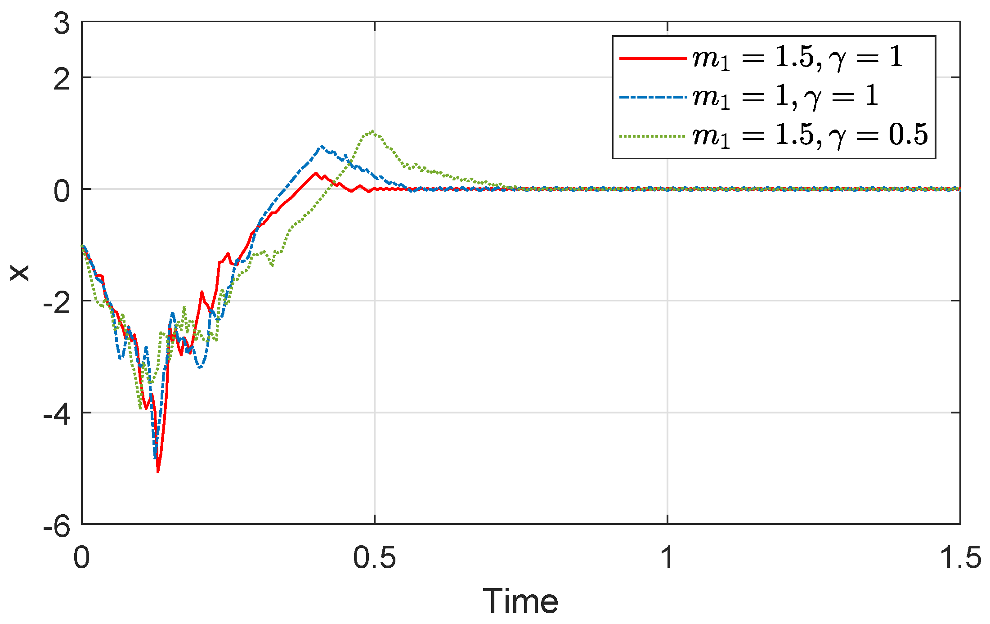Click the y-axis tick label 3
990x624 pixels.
tap(62, 23)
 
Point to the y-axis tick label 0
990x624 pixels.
tap(62, 191)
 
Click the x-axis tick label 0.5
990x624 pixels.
tap(374, 558)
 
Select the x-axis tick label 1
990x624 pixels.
tap(667, 558)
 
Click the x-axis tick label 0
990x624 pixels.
tap(82, 558)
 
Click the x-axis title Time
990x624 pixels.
tap(520, 601)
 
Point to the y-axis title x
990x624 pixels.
tap(20, 273)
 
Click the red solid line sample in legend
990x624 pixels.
tap(653, 58)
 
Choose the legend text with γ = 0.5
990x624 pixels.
tap(810, 135)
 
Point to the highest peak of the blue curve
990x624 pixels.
tap(322, 146)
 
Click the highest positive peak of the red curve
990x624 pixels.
tap(316, 173)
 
